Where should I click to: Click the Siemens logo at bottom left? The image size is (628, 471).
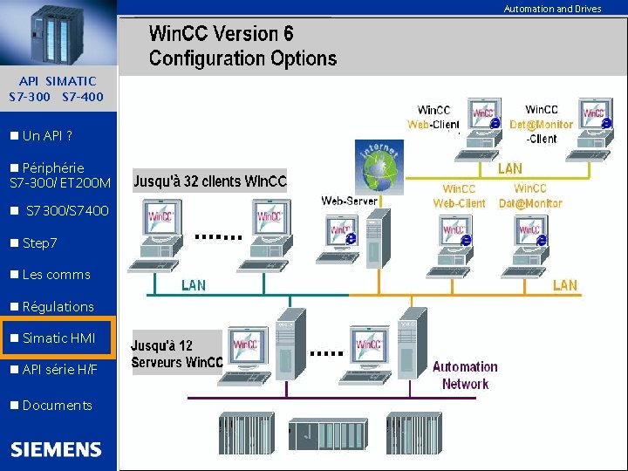pos(56,449)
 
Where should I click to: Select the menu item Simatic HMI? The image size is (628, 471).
pos(58,338)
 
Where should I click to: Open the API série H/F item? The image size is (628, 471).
pos(59,370)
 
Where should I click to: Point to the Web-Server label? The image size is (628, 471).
pos(350,201)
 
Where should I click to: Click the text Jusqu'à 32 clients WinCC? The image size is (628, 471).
pos(209,182)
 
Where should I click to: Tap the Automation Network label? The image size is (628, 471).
pos(465,375)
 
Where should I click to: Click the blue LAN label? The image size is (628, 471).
pos(194,285)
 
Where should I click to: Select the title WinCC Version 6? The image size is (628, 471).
pos(222,34)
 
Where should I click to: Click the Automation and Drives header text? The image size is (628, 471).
pos(552,9)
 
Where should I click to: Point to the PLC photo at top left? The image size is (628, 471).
pos(57,33)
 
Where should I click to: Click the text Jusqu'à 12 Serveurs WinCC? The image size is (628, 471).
pos(177,353)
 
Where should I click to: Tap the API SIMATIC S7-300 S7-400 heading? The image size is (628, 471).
pos(56,88)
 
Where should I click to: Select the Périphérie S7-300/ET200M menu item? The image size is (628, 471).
pos(59,174)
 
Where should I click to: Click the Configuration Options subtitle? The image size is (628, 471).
pos(242,58)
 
